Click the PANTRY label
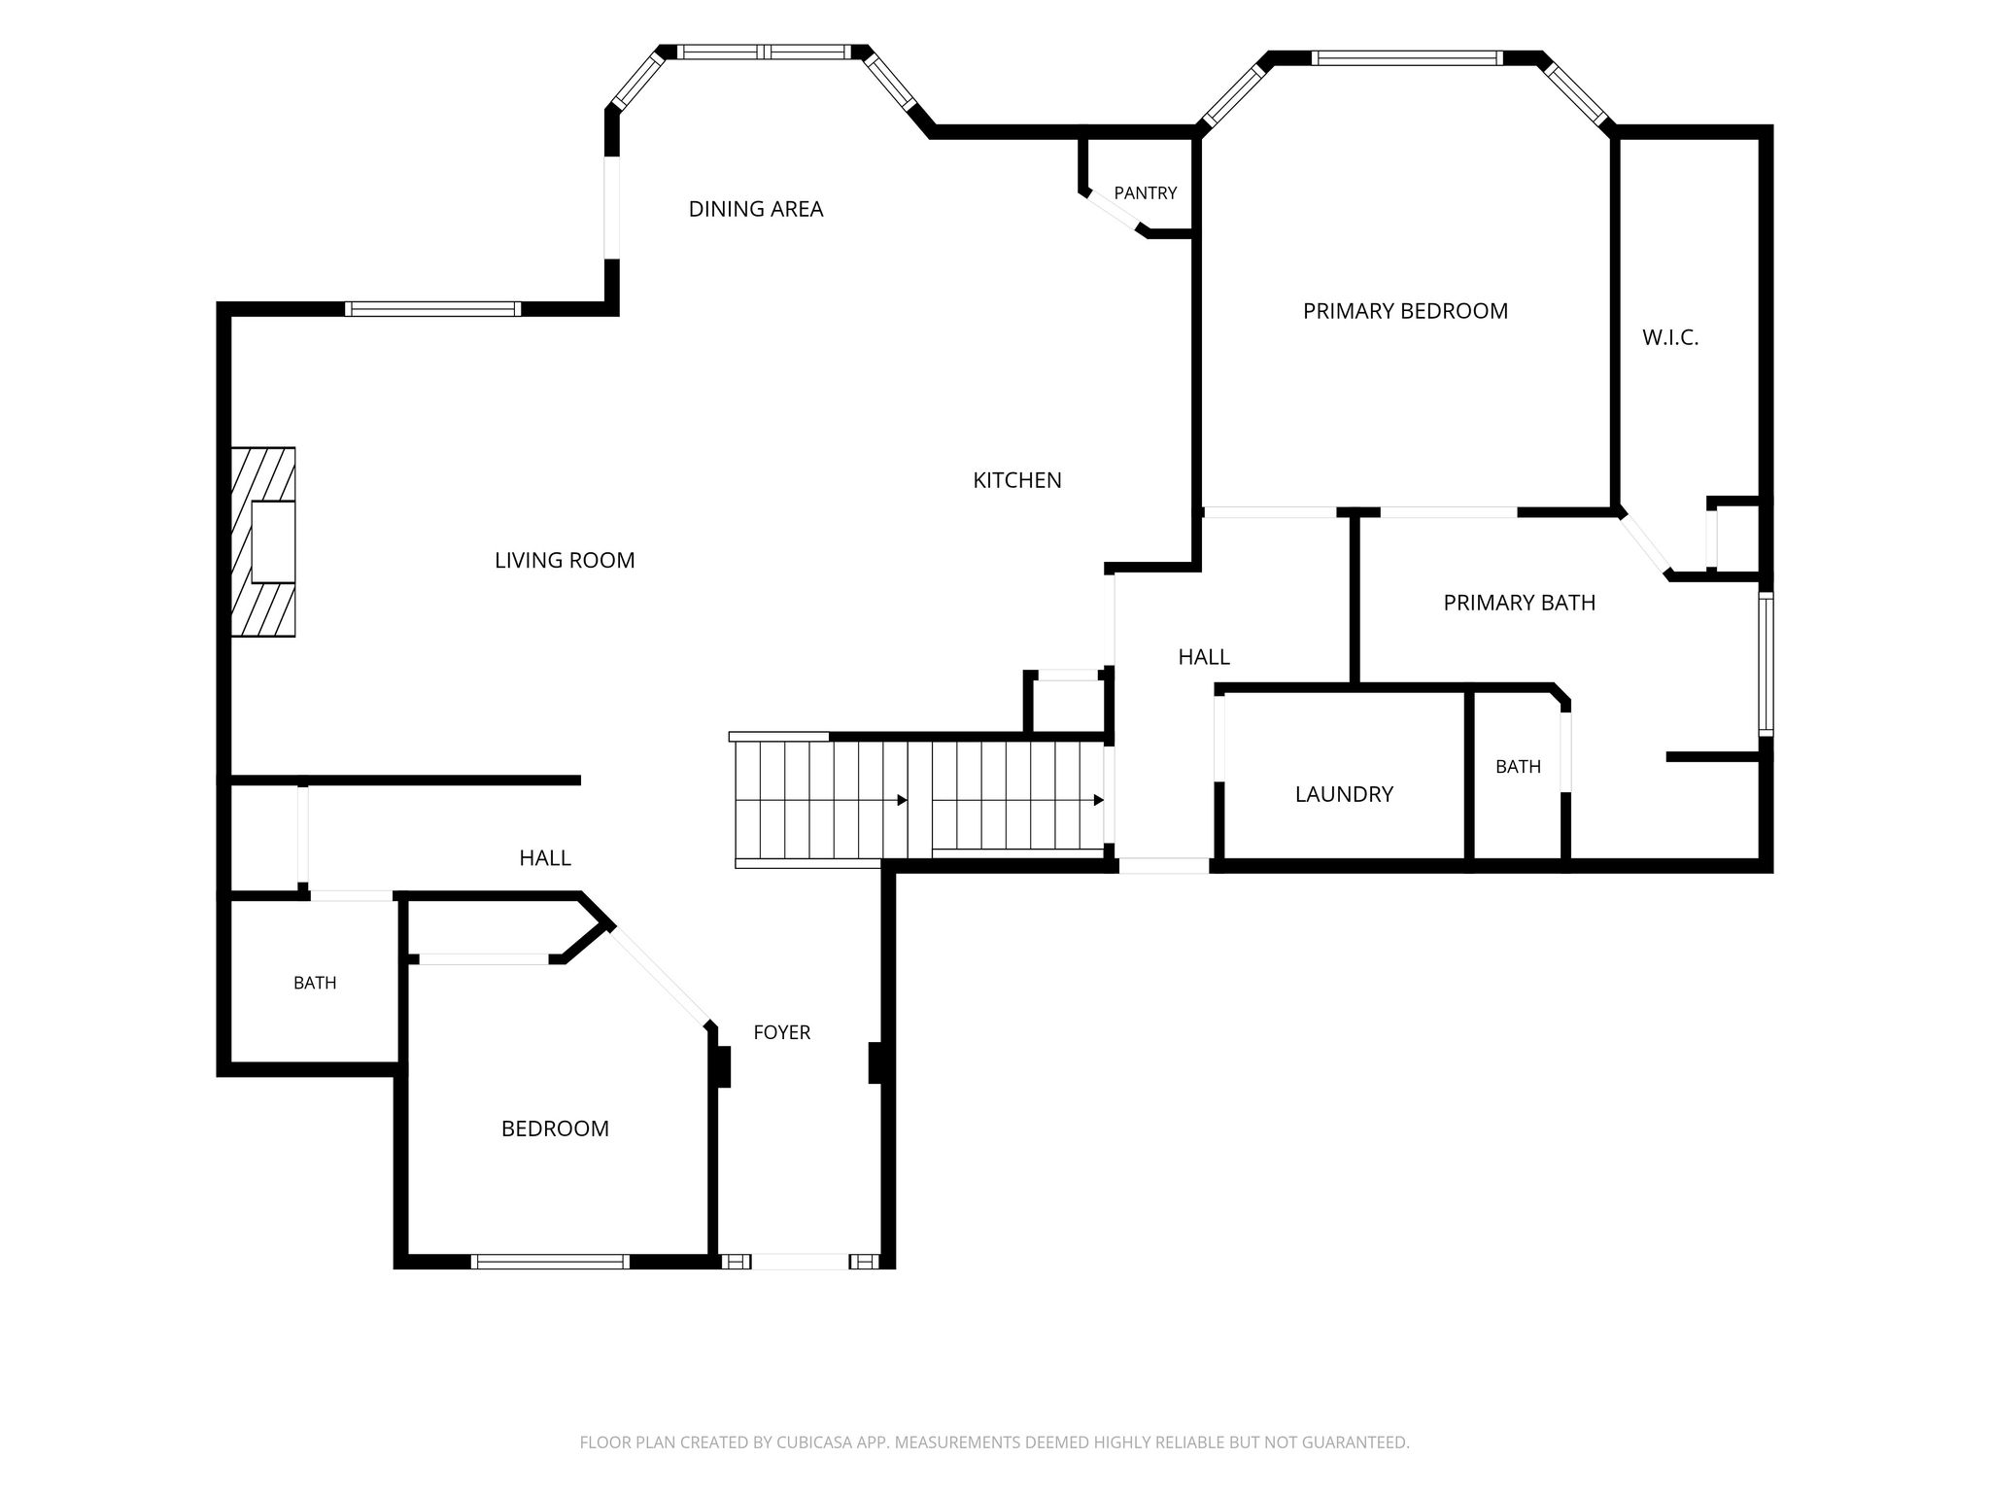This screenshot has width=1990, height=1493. (1146, 193)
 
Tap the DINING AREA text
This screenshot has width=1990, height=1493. (756, 209)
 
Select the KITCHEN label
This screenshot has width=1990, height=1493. (1017, 480)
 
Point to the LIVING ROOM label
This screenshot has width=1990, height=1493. (565, 560)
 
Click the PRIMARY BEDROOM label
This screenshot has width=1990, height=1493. (1405, 311)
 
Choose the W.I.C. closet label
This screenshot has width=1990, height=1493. (1670, 338)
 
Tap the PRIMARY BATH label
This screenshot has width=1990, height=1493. (1520, 603)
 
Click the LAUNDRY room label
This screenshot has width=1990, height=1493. (1344, 794)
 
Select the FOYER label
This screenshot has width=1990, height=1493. (782, 1032)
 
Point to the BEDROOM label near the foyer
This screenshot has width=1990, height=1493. (555, 1128)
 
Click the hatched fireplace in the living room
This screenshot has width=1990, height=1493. (262, 542)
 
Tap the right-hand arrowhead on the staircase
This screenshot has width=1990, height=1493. (1098, 800)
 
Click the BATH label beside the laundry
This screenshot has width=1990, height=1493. (1518, 767)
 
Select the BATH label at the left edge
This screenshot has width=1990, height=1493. (315, 983)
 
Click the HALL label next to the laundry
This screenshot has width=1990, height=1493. (1204, 657)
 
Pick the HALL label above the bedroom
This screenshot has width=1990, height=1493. (545, 858)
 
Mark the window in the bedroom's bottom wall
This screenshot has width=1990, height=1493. (550, 1262)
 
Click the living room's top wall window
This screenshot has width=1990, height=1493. (433, 309)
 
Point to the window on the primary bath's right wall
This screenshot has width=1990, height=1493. (1766, 664)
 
